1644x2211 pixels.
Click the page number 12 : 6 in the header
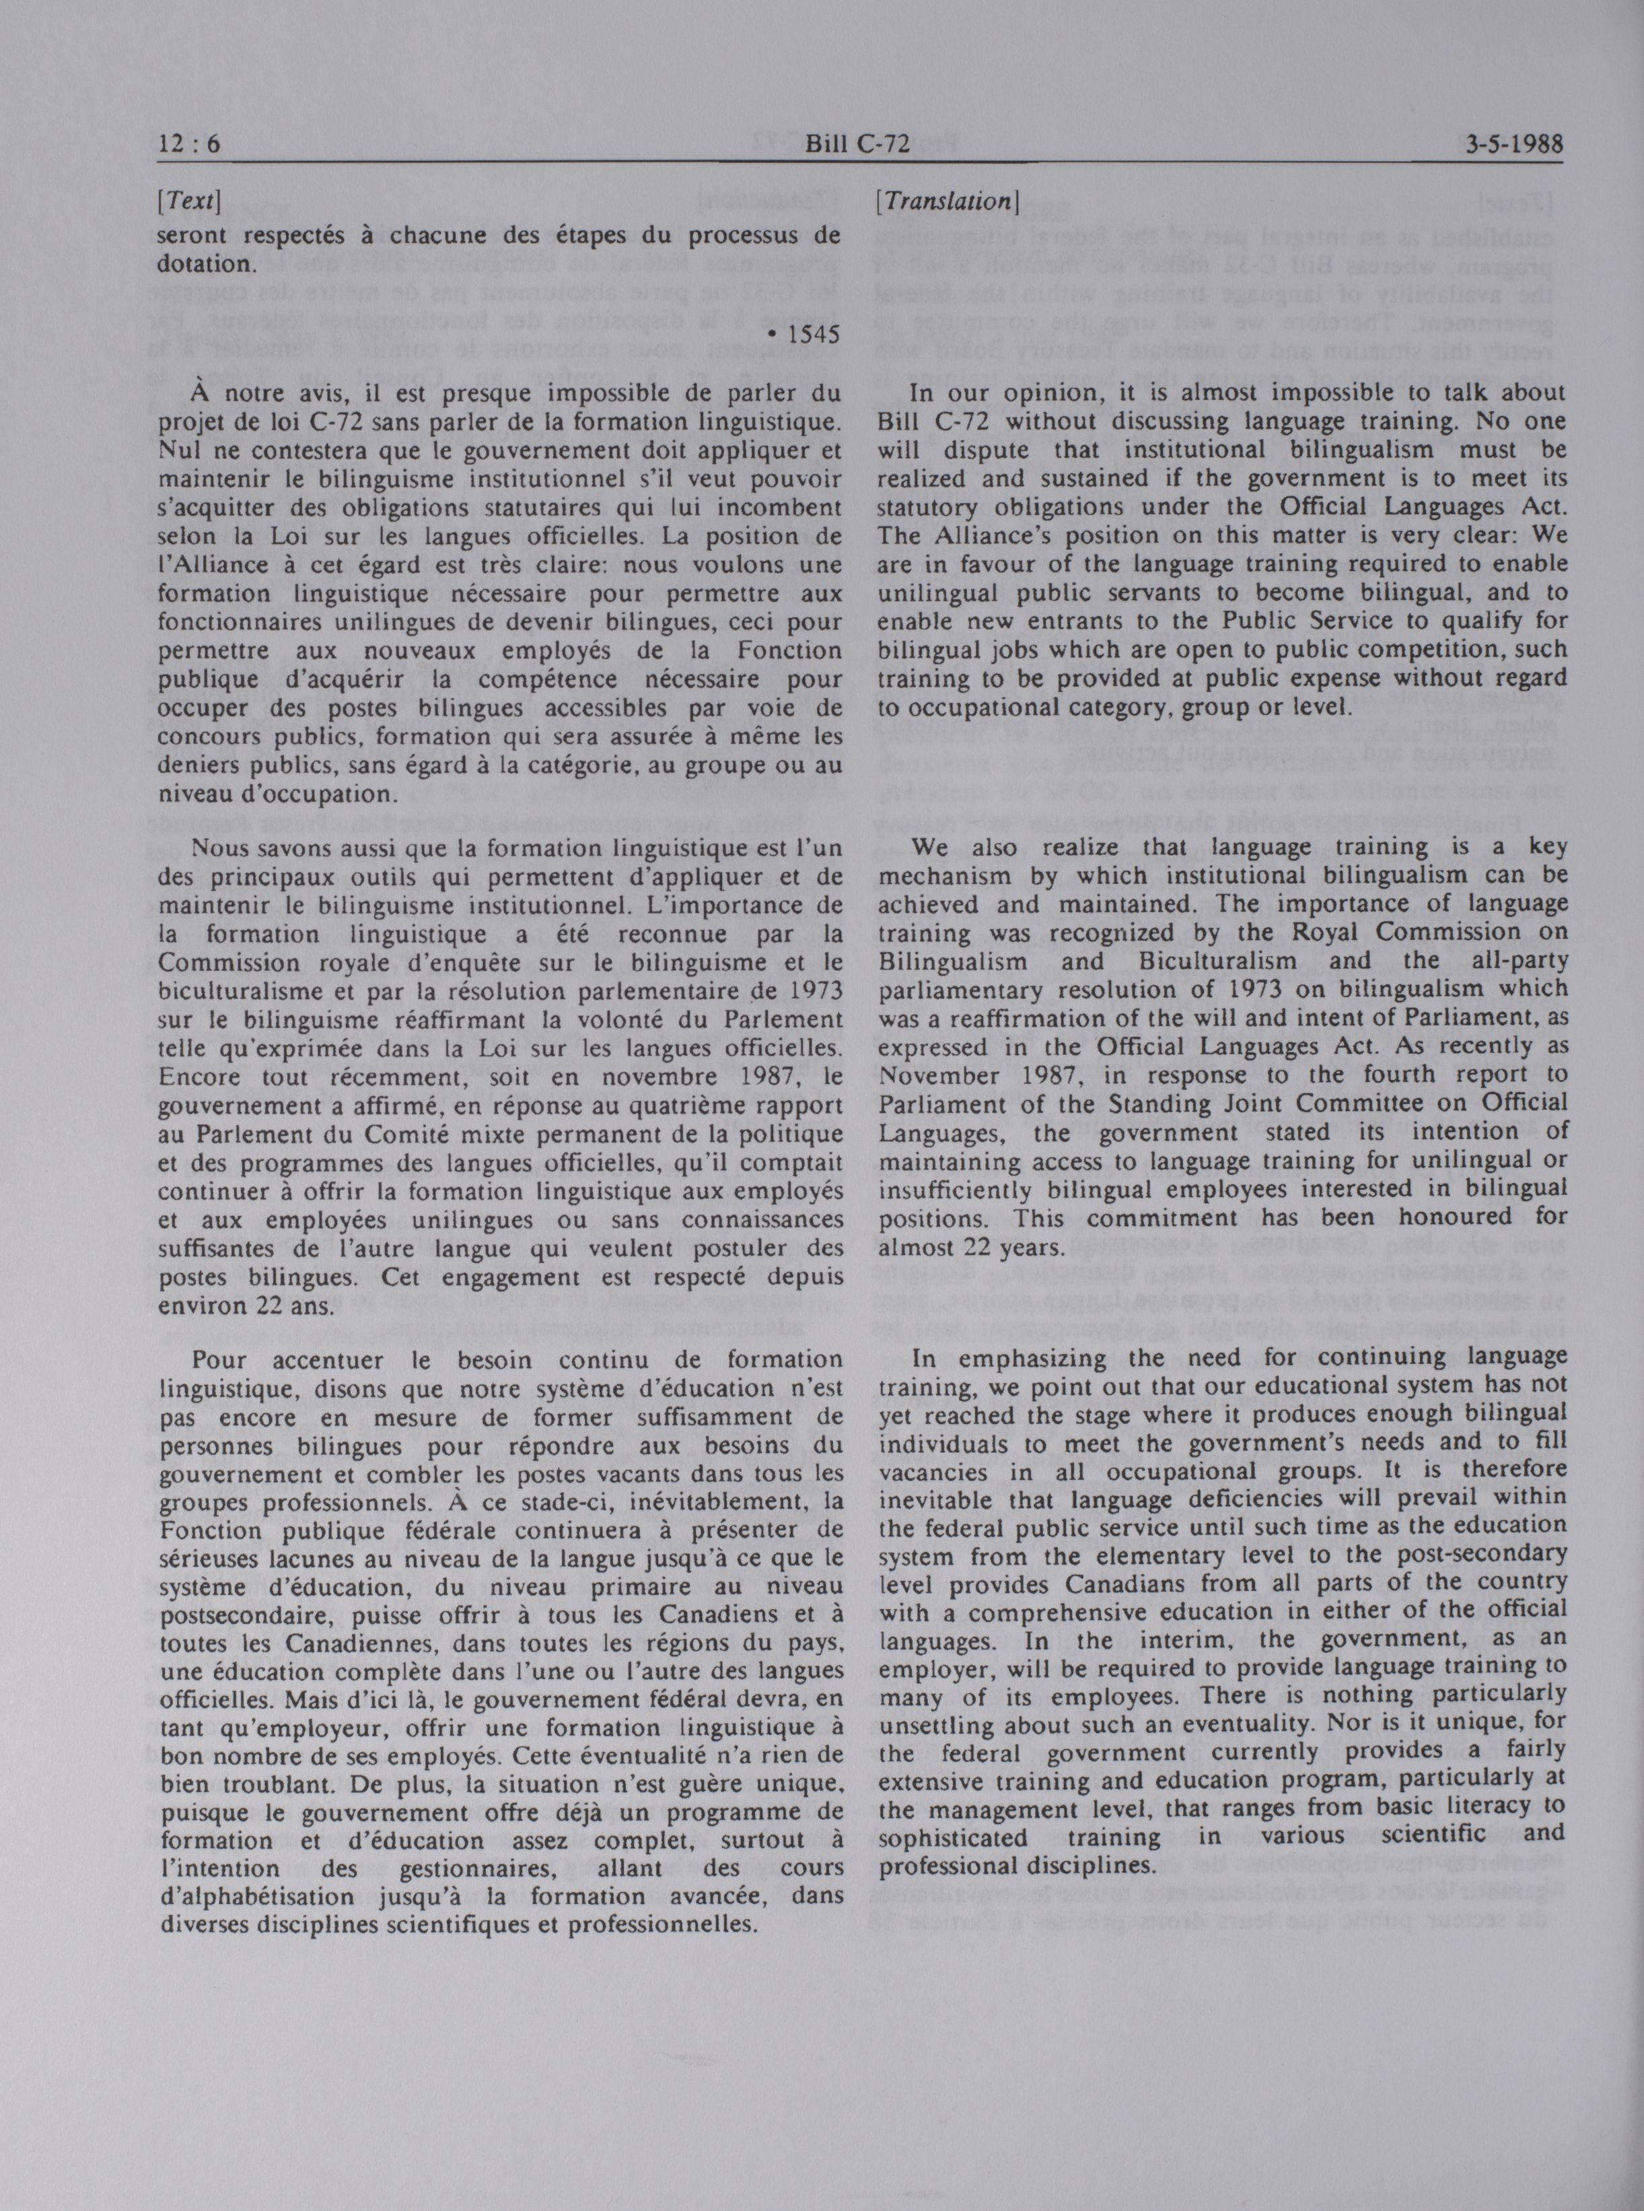pyautogui.click(x=189, y=145)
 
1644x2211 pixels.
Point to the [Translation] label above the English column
pyautogui.click(x=945, y=201)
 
